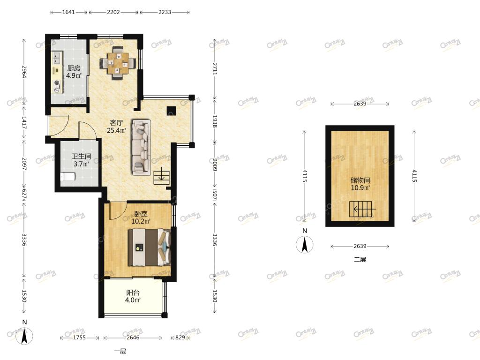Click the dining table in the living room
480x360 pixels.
pos(117,63)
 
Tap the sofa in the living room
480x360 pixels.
pos(141,147)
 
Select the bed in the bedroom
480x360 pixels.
pos(149,247)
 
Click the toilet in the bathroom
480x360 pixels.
pos(67,177)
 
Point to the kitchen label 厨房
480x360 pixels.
pos(74,68)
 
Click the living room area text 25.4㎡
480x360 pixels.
pos(116,131)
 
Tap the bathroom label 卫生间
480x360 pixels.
pos(82,157)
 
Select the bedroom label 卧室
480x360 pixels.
pos(141,214)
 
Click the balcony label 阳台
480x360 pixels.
pos(133,292)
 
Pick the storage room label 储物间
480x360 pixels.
pos(360,180)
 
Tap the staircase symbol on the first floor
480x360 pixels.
pos(161,177)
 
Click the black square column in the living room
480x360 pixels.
pos(172,111)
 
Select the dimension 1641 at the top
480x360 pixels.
pos(68,12)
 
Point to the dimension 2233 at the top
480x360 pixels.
pos(165,12)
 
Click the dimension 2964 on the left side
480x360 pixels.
pos(24,72)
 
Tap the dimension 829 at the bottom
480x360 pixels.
pos(180,337)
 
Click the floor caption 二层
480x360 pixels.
pos(360,260)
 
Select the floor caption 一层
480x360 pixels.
pos(120,351)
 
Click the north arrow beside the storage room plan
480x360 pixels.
pos(305,245)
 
